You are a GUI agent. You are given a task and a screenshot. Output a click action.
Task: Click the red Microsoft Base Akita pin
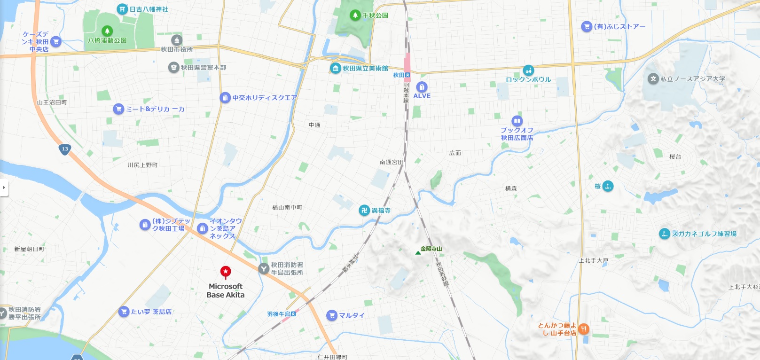coord(226,272)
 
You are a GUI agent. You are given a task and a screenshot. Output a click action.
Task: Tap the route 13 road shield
coord(65,149)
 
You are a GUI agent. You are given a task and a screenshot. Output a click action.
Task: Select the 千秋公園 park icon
coord(355,15)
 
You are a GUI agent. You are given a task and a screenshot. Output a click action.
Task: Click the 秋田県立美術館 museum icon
coord(335,69)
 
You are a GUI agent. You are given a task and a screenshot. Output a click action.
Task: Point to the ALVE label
coord(422,96)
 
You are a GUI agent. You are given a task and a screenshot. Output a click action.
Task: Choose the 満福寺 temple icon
coord(364,210)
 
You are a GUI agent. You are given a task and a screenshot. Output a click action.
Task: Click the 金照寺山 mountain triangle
coord(418,253)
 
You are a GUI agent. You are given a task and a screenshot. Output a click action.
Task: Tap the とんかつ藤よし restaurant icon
coord(583,329)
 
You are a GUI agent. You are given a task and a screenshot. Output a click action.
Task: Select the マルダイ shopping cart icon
coord(332,315)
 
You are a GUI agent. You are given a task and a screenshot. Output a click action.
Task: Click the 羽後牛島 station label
coord(279,314)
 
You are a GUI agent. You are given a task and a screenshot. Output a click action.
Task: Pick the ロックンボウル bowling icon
coord(528,70)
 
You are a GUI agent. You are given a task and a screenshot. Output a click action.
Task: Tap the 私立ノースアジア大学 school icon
coord(653,79)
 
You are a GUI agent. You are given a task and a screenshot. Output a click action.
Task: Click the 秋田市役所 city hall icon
coord(177,40)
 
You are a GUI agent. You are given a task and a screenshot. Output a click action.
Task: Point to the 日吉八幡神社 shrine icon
coord(122,9)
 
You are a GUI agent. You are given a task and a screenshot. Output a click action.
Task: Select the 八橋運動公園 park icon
coord(107,31)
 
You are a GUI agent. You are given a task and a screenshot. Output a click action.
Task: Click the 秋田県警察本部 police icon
coord(173,67)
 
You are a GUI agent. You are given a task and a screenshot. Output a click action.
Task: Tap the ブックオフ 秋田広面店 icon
coord(517,121)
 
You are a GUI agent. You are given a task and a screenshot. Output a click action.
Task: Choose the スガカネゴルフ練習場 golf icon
coord(664,234)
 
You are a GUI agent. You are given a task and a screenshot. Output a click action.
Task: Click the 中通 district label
coord(314,125)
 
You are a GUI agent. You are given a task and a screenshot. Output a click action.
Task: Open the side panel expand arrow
coord(4,188)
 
